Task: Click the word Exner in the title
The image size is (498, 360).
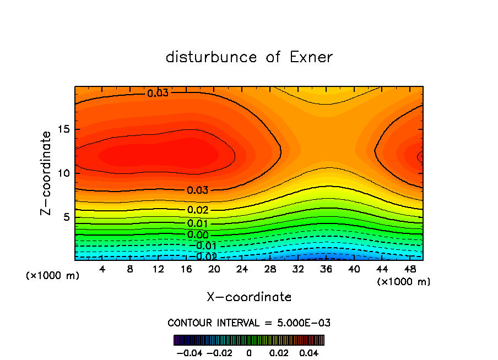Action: (311, 57)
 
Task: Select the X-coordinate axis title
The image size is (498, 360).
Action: (249, 297)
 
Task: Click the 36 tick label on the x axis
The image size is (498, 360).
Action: (326, 269)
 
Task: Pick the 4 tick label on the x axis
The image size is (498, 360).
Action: (102, 269)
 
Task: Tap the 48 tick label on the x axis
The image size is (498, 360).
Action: (409, 269)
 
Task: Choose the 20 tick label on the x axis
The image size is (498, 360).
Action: (214, 269)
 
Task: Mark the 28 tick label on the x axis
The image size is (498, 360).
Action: (270, 269)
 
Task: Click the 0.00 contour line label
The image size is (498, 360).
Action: (198, 234)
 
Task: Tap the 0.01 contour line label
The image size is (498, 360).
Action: (198, 223)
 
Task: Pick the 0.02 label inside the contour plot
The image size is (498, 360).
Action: (198, 210)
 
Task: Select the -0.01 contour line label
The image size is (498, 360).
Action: (204, 246)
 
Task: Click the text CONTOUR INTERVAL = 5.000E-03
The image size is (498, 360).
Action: (249, 323)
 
